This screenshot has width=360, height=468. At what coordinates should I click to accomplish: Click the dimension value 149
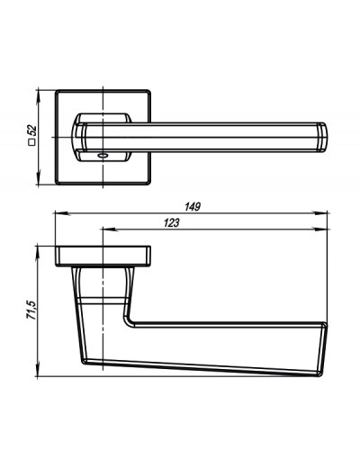193,207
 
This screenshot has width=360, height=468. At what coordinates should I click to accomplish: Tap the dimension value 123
171,223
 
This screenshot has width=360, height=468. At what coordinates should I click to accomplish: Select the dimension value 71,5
31,310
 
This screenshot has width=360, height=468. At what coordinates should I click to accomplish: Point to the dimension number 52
31,130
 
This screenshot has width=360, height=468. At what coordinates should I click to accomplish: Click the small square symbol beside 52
31,142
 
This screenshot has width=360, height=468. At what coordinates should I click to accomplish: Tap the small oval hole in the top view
103,156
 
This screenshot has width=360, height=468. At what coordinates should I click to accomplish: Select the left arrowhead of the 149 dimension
62,213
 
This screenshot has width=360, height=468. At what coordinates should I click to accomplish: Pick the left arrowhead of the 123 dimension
110,229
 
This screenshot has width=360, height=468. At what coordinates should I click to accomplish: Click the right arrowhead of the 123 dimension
320,229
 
